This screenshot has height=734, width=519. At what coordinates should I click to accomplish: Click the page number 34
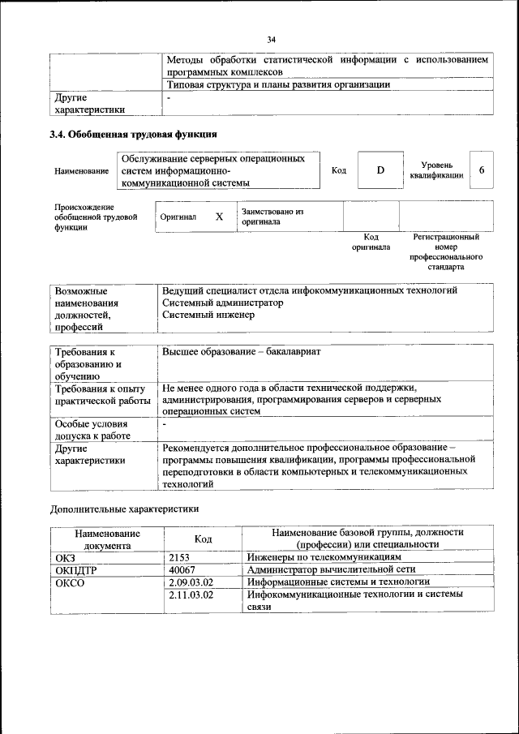[x=272, y=39]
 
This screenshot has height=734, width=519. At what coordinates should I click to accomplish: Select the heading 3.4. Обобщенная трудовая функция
[x=133, y=134]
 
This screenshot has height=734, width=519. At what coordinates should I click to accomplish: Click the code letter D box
[x=380, y=170]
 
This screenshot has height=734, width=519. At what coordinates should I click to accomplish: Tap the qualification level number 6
[x=482, y=170]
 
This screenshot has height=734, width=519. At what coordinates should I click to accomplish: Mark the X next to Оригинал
[x=218, y=217]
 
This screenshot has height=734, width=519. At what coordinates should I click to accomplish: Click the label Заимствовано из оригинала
[x=272, y=217]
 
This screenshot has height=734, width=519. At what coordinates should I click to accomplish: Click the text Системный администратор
[x=223, y=303]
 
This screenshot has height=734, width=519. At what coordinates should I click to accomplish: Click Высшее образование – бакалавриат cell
[x=242, y=353]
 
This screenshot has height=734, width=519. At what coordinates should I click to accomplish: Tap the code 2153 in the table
[x=180, y=558]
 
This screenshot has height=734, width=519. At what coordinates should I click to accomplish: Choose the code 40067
[x=182, y=570]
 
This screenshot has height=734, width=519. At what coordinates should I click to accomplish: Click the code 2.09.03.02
[x=191, y=582]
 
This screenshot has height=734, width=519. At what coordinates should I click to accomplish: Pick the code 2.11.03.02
[x=191, y=594]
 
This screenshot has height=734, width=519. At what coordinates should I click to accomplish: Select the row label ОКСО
[x=70, y=582]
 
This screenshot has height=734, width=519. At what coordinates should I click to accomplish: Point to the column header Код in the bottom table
[x=204, y=539]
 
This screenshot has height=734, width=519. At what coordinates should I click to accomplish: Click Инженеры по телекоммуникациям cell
[x=324, y=558]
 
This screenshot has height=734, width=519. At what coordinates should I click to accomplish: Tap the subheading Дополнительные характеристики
[x=125, y=509]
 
